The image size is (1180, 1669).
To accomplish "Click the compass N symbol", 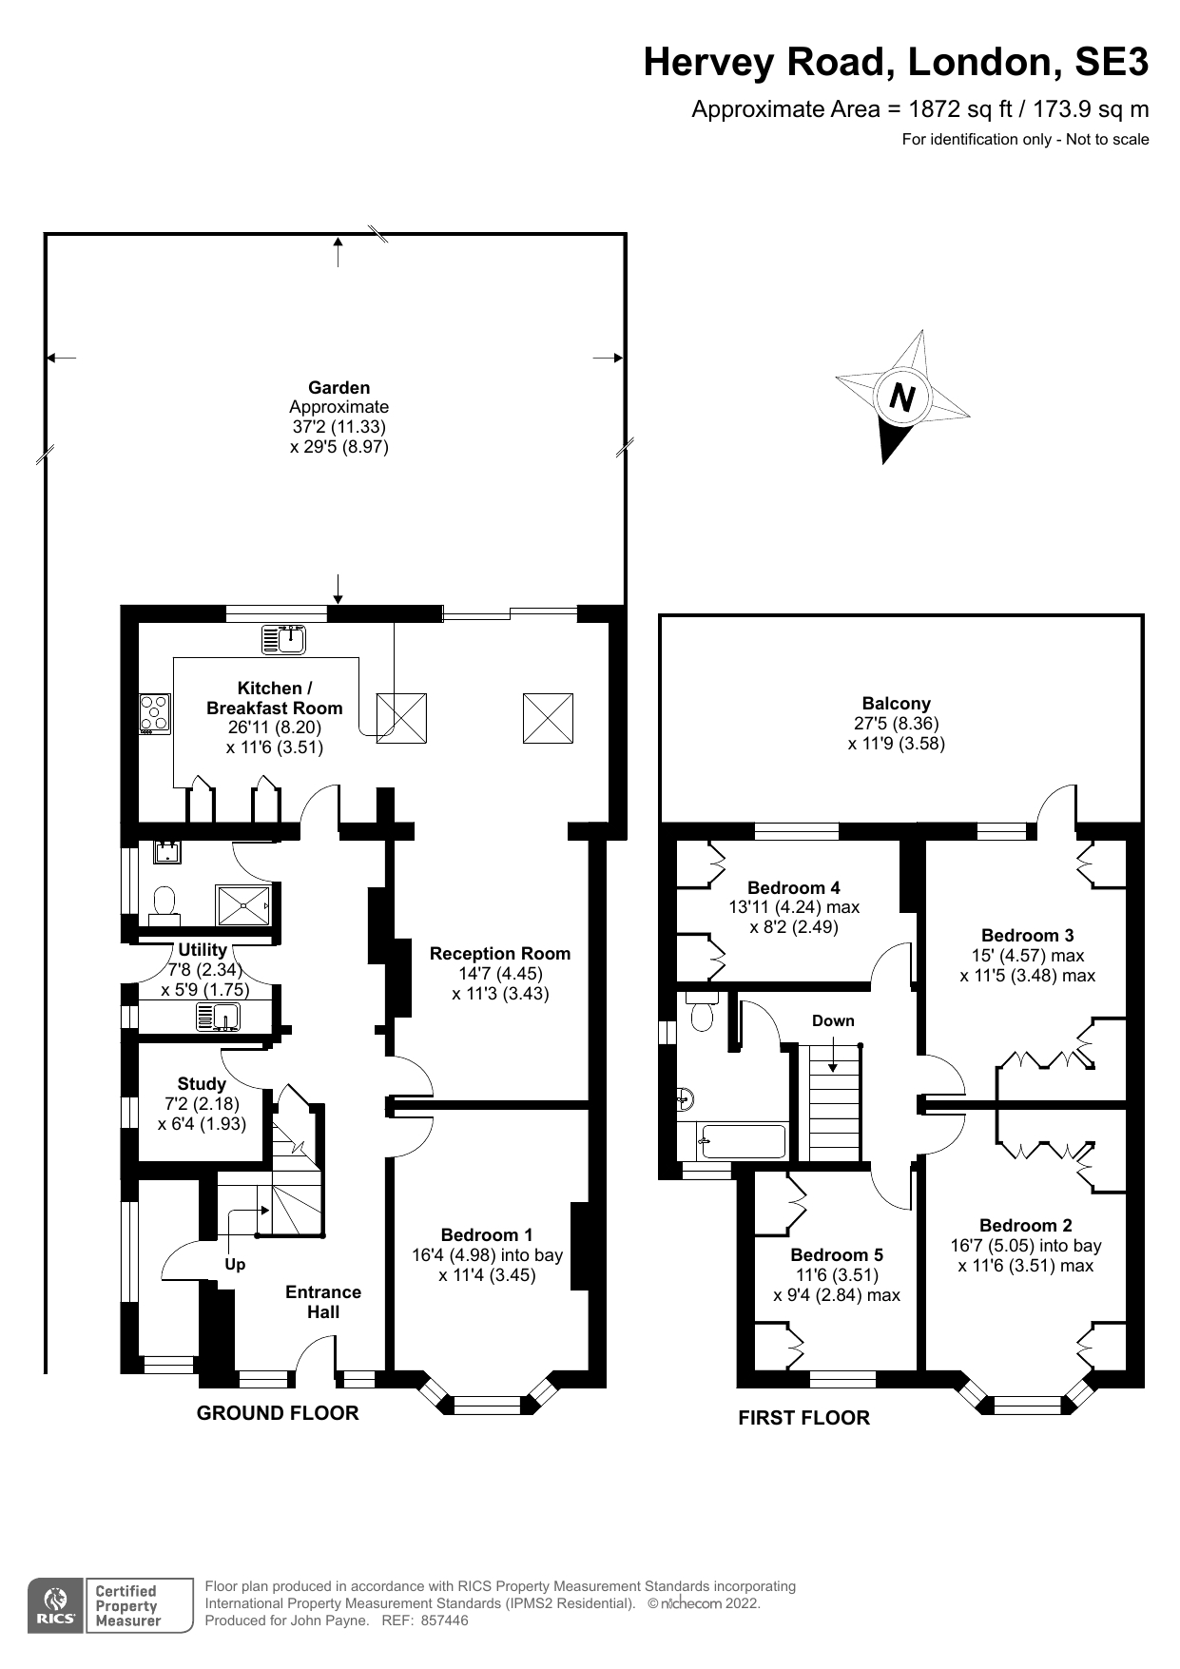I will pos(901,396).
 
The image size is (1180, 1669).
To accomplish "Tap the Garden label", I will pos(339,387).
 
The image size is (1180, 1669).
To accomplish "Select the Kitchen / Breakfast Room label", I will pos(274,698).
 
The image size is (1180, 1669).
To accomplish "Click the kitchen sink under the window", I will pos(284,640).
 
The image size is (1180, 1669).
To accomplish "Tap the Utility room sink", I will pos(221,1017).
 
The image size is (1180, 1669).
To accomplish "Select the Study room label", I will pos(202,1084).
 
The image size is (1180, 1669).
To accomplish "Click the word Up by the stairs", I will pos(235,1264).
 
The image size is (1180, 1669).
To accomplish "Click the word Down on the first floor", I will pos(833,1020).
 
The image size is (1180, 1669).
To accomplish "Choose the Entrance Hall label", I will pos(323,1302).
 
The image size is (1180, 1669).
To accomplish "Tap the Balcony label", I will pos(896,704).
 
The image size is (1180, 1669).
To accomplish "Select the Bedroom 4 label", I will pos(793,887).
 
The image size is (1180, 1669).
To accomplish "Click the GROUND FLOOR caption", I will pos(278,1413).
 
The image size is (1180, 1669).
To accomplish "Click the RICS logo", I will pos(56,1606).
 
